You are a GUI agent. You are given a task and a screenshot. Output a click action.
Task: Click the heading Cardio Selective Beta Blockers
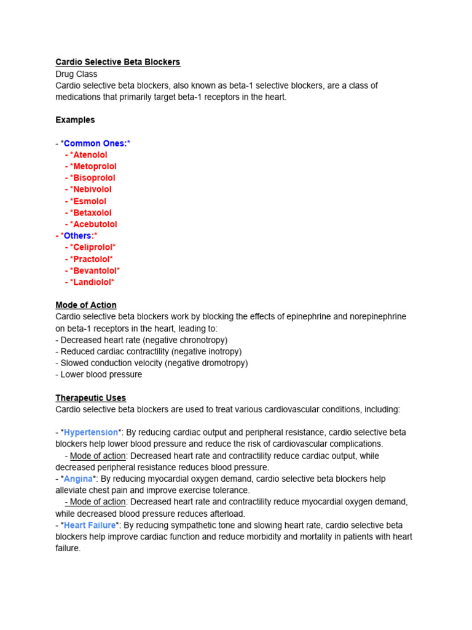[x=117, y=62]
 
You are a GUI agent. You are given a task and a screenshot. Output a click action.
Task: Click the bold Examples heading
[x=75, y=120]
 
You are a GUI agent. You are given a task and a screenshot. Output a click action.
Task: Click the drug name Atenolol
[x=90, y=155]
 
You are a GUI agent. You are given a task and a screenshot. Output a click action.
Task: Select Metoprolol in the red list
[x=95, y=166]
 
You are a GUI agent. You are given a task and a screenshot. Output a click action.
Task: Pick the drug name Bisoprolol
[x=94, y=178]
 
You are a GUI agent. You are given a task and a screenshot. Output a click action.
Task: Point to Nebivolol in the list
[x=92, y=189]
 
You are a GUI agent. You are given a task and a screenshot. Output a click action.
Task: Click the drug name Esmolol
[x=90, y=201]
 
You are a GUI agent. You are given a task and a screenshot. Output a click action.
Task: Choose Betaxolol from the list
[x=92, y=213]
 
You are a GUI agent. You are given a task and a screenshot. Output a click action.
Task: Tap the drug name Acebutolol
[x=95, y=225]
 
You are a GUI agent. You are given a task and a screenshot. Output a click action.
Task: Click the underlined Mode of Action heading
[x=85, y=305]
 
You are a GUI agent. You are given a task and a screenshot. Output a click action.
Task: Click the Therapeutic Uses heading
[x=90, y=398]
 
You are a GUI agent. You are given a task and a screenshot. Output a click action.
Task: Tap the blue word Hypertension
[x=91, y=433]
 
